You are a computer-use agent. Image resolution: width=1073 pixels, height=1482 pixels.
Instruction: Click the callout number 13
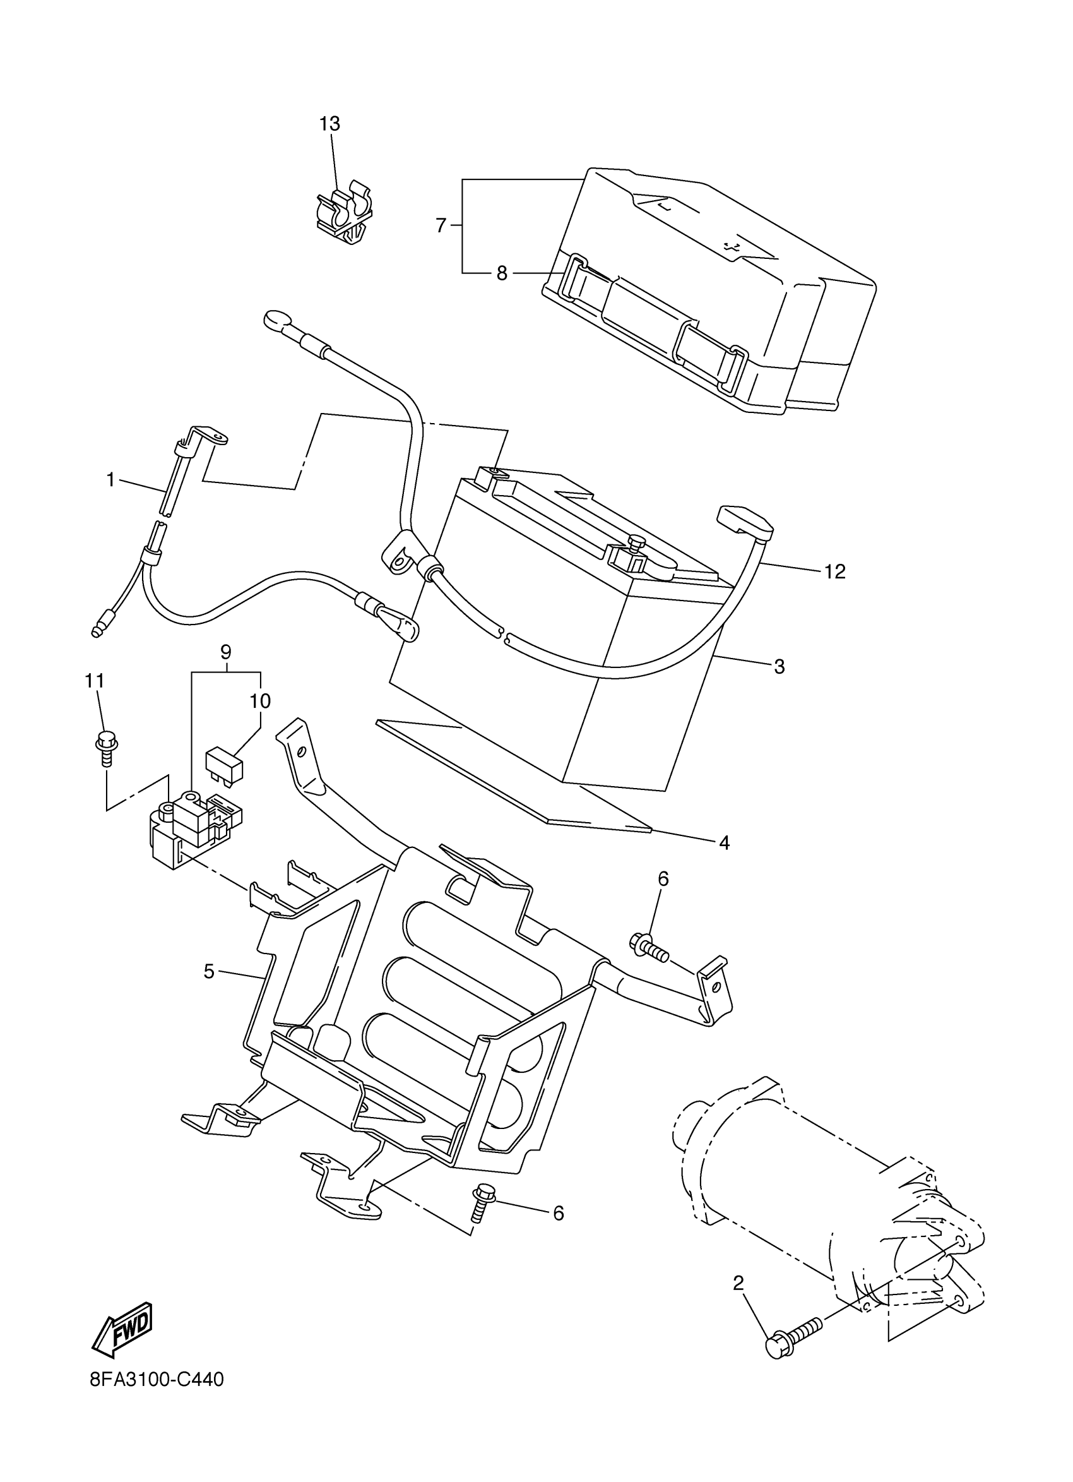point(330,124)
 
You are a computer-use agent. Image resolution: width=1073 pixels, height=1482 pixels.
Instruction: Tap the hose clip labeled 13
point(344,214)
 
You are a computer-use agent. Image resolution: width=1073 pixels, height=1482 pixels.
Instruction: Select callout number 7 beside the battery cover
point(441,226)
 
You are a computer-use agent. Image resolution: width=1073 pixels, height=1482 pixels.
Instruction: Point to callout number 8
point(502,274)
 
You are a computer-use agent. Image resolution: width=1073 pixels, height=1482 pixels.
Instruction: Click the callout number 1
point(111,481)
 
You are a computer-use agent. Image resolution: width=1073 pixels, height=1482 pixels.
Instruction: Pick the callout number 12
point(834,571)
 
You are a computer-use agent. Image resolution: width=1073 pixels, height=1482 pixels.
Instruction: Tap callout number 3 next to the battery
point(779,667)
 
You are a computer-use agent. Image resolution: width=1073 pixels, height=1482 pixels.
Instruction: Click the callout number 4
point(723,843)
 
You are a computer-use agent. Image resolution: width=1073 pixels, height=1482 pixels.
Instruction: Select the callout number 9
point(226,652)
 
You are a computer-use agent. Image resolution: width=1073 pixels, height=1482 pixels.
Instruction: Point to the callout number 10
point(259,701)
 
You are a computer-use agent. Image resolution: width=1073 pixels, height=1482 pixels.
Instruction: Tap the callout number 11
point(94,681)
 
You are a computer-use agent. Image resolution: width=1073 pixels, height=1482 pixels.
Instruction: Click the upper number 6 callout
point(663,879)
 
